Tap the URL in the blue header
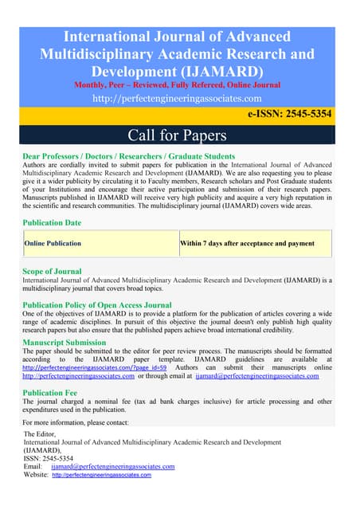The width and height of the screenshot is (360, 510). (177, 99)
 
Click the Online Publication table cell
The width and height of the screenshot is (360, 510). (53, 243)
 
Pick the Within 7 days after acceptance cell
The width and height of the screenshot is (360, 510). (247, 243)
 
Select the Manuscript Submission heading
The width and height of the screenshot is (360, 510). (72, 343)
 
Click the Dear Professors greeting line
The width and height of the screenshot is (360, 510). (129, 156)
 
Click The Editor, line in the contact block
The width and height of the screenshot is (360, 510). (43, 433)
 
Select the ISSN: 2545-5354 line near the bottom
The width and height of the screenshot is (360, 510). (49, 458)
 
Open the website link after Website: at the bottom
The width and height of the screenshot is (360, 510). (101, 475)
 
